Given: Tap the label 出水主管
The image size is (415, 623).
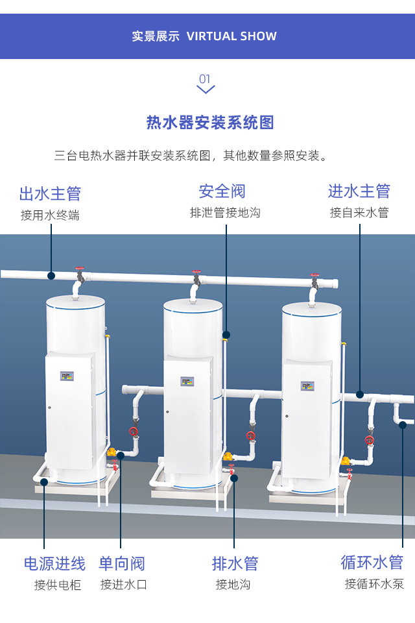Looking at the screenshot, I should (50, 193).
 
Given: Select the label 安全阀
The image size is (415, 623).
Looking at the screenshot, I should (222, 191).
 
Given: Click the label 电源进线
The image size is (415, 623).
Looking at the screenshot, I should (54, 563).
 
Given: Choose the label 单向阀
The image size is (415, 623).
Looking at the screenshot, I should (122, 563).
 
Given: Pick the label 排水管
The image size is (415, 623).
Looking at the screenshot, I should (235, 563).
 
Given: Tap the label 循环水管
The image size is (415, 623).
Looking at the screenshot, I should (372, 562).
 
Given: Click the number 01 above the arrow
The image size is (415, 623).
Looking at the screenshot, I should (205, 79).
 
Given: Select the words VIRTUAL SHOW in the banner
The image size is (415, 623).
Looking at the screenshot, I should (231, 36).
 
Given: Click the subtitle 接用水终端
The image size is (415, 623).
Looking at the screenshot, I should (50, 215).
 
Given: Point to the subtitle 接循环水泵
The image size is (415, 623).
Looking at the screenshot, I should (374, 584).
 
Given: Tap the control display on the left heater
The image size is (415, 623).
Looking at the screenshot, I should (67, 375).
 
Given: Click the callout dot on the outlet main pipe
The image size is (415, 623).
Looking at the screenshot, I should (51, 276).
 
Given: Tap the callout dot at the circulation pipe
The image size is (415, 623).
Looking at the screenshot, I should (403, 424).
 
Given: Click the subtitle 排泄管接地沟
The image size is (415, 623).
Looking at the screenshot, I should (225, 213).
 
